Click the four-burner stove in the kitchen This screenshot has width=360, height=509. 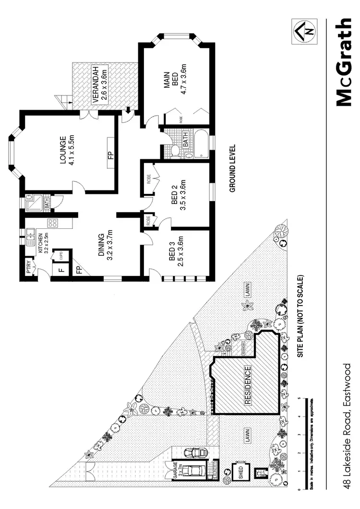[52, 223]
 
